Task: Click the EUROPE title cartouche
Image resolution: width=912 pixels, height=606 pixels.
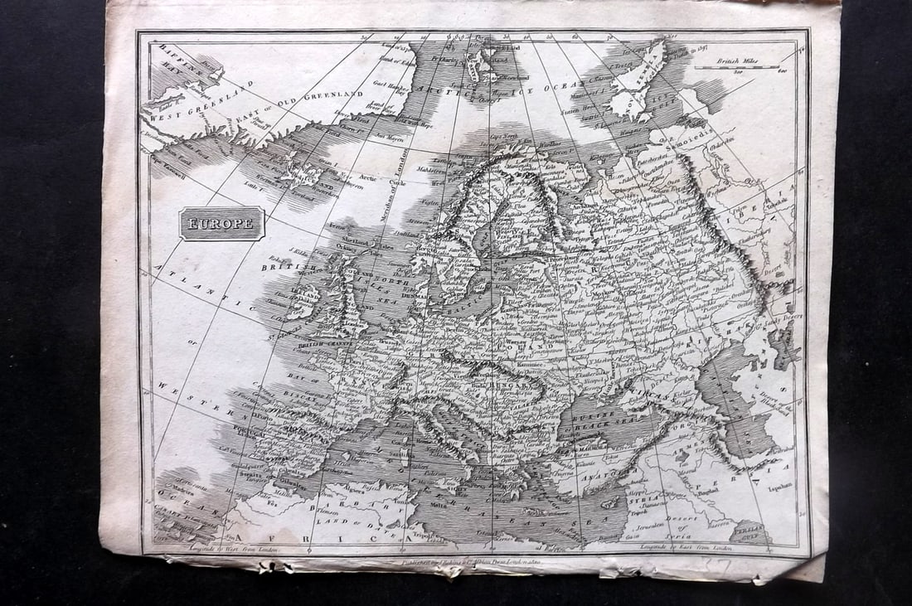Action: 222,223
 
